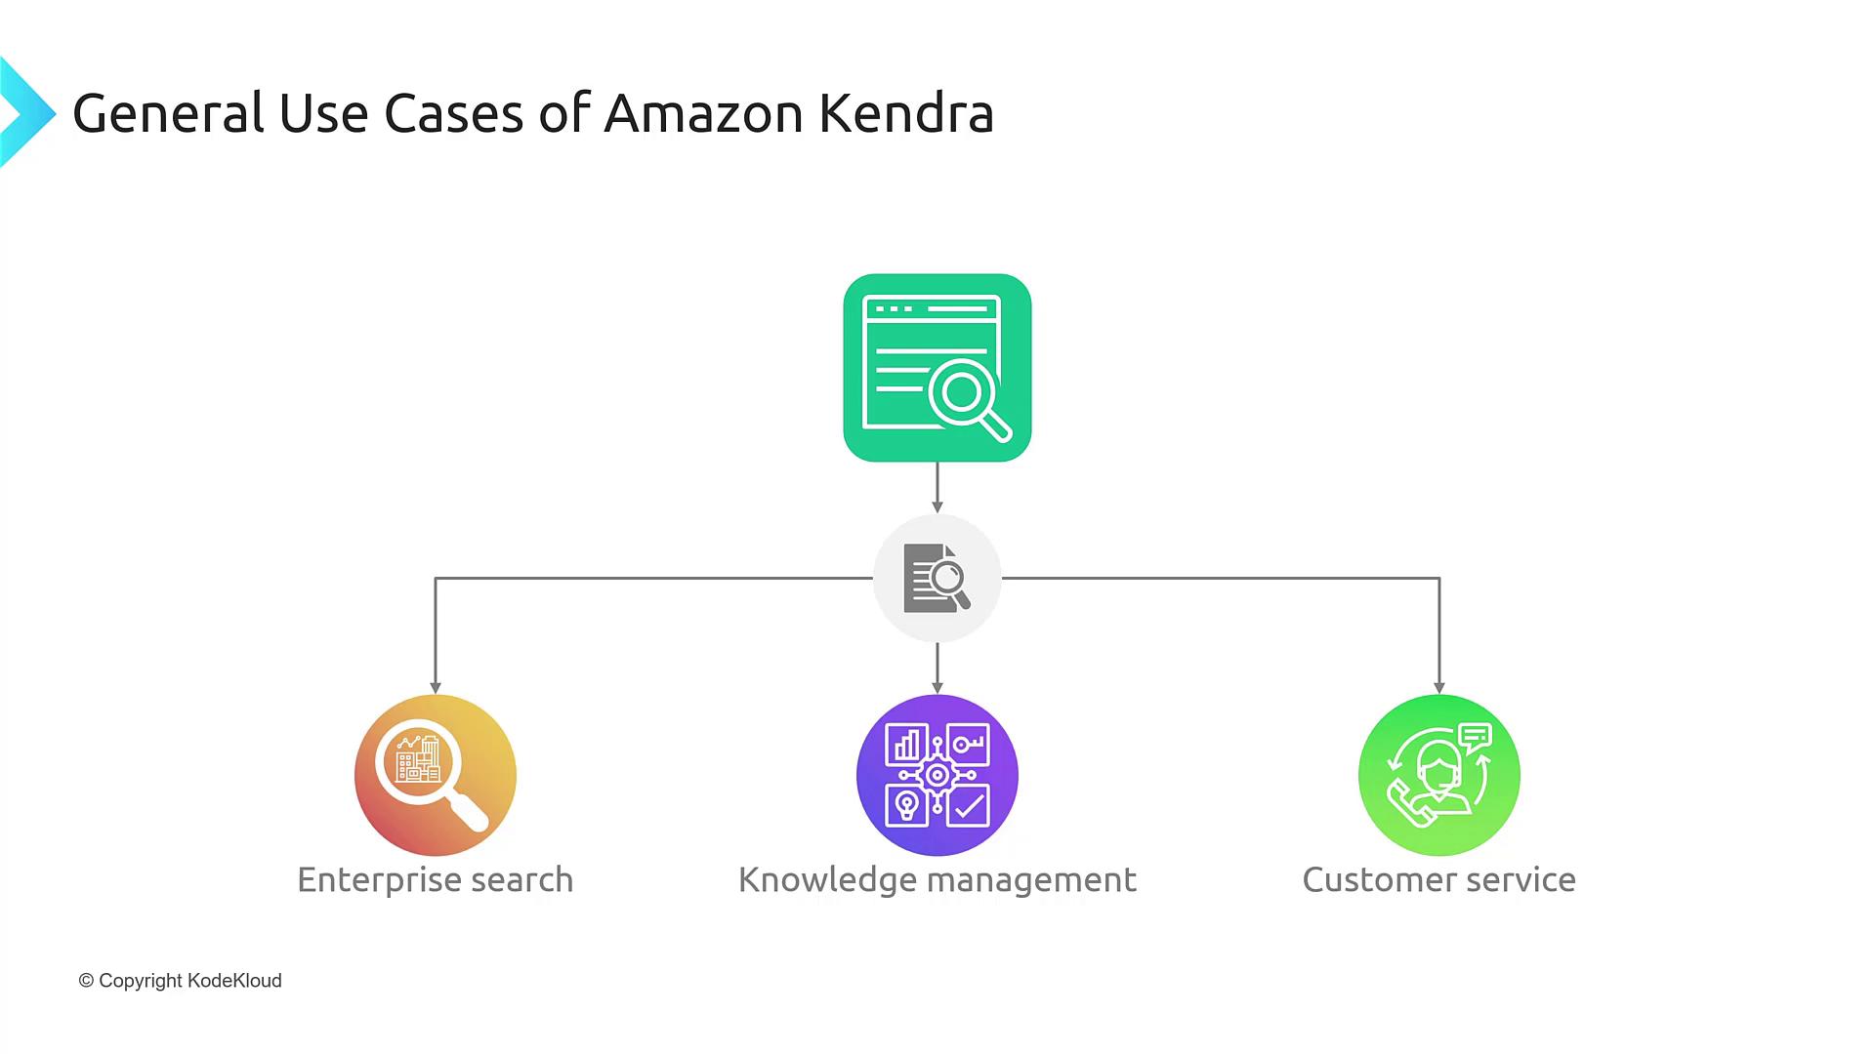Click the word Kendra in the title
(906, 113)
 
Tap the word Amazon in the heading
(703, 113)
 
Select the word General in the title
(167, 113)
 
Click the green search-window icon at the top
(937, 367)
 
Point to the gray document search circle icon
(937, 578)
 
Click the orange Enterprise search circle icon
(436, 775)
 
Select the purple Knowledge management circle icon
(937, 775)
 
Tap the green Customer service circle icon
(1438, 775)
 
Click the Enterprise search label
(436, 879)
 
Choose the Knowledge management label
(937, 879)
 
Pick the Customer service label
(1438, 879)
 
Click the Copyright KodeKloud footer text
(181, 981)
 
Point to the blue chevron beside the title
(25, 112)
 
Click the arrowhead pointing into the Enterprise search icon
(436, 688)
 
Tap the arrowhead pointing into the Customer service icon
(1438, 688)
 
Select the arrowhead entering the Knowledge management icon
(937, 688)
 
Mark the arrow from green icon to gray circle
(937, 487)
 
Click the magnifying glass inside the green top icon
(967, 396)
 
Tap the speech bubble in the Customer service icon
(1475, 736)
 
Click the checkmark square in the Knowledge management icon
(968, 806)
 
